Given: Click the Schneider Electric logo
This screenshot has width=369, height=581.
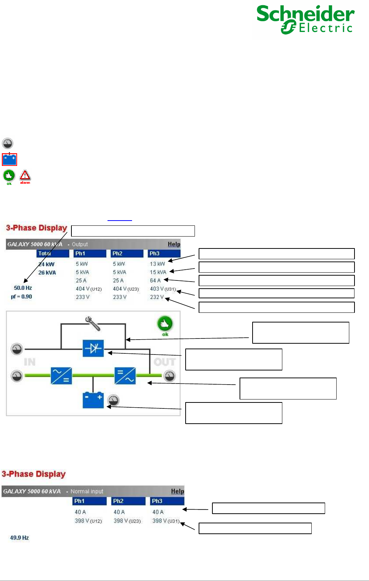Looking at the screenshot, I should coord(305,20).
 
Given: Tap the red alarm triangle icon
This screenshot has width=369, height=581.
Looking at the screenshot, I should coord(25,175).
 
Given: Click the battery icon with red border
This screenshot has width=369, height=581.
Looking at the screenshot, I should coord(9,159).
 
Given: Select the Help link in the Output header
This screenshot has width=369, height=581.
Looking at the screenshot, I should coord(174,244).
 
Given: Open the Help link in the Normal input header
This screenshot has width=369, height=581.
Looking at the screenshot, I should coord(177,491).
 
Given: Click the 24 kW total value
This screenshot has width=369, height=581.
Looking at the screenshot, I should coord(46,264).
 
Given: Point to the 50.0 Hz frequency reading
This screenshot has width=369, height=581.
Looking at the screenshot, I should coord(23,288).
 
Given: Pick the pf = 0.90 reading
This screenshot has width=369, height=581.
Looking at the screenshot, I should coord(22,297).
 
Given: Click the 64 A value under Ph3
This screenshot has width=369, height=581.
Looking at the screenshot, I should coord(155,280).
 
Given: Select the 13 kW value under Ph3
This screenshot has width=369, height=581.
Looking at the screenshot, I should coord(157,264).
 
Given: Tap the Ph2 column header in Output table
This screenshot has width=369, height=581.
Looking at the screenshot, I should coord(118,254).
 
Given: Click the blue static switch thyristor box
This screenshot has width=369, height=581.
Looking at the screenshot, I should coord(93,349).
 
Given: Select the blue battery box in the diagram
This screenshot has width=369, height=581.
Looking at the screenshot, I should coord(93,400).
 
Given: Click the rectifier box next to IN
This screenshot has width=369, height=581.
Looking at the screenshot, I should coord(61,376).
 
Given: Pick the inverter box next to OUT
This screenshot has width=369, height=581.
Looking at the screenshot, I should coord(125,376).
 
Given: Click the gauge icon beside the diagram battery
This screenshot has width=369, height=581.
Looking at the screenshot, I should coord(113,400).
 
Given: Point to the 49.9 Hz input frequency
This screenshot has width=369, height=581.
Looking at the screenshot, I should coord(19,538).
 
